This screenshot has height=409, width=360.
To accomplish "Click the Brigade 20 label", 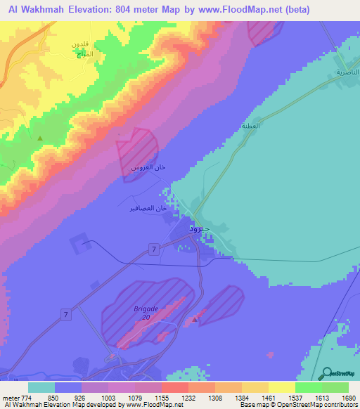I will pyautogui.click(x=147, y=312).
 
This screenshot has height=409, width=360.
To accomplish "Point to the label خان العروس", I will pyautogui.click(x=149, y=169).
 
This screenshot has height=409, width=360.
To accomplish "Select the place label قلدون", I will pyautogui.click(x=79, y=44).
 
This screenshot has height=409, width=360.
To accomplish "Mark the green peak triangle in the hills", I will pyautogui.click(x=39, y=138).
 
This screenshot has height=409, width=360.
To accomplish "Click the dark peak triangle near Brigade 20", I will pyautogui.click(x=195, y=320).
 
